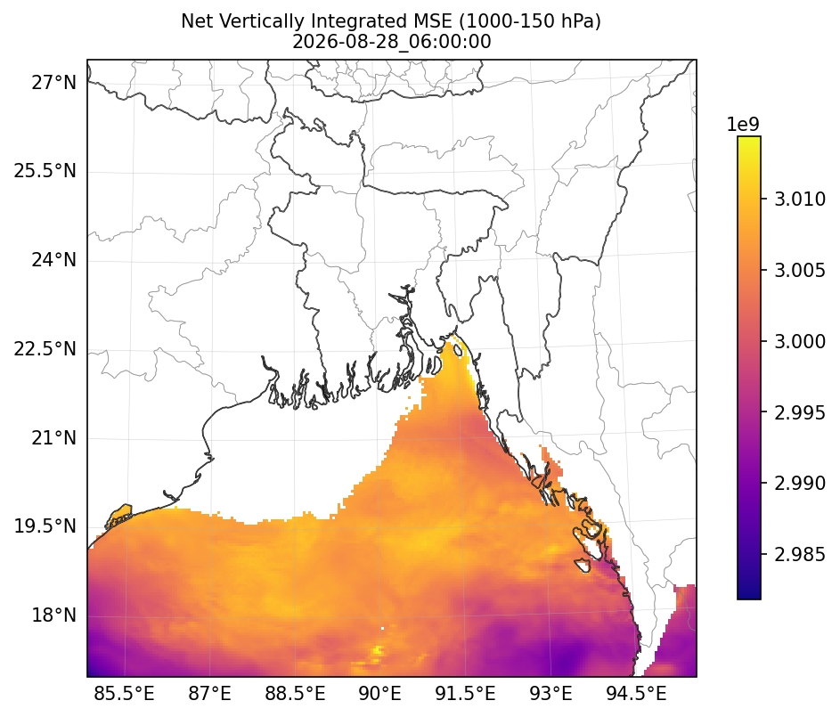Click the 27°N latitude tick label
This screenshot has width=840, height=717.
coord(53,83)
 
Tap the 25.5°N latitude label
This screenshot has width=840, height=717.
coord(45,171)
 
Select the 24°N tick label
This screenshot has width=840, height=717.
coord(53,260)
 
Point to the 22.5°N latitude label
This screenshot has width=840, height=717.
coord(45,349)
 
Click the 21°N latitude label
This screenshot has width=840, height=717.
coord(53,438)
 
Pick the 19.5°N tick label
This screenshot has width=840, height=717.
coord(45,526)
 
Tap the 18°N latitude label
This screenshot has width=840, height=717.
coord(53,615)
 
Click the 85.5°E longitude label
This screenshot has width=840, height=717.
coord(125,694)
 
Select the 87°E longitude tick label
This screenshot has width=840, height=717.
coord(210,694)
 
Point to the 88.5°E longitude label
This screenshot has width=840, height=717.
coord(295,694)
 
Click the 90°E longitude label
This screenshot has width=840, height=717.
coord(379,694)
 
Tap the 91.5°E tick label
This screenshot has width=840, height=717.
coord(465,694)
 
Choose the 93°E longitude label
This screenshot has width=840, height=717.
coord(550,694)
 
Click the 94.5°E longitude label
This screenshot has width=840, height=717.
coord(636,694)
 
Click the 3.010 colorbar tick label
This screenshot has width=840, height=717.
coord(800,200)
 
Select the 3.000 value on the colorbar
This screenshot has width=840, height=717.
coord(800,341)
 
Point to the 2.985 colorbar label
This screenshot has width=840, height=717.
coord(800,554)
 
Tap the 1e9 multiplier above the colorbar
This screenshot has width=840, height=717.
coord(743,125)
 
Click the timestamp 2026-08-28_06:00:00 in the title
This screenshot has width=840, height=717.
coord(392,42)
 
